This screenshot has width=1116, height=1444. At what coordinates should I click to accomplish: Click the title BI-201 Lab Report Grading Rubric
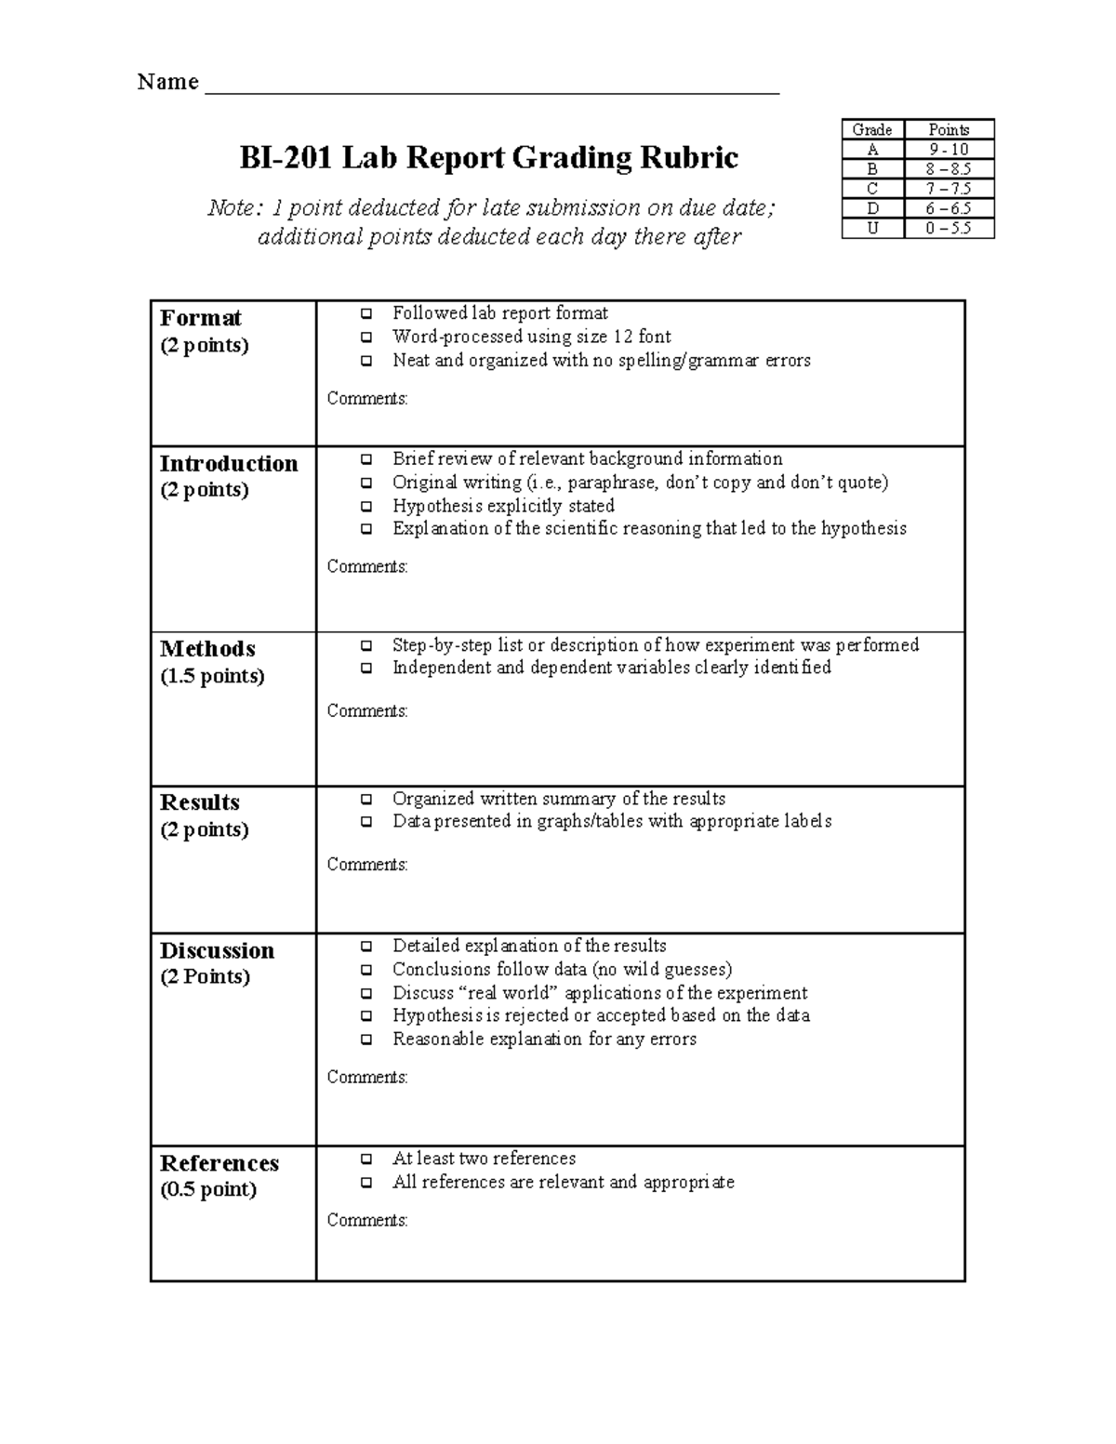(x=488, y=158)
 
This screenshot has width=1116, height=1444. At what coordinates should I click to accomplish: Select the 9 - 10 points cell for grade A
(x=949, y=150)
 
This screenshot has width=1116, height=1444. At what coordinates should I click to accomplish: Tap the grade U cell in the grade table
(x=872, y=229)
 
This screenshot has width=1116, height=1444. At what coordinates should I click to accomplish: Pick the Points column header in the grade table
(x=949, y=130)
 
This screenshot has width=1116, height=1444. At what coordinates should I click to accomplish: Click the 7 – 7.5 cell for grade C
(x=949, y=189)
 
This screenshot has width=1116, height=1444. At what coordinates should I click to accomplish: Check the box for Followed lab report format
(x=367, y=314)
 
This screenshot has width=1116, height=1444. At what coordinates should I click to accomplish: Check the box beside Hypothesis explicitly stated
(x=367, y=507)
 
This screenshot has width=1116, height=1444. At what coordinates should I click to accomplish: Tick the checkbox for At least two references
(x=367, y=1159)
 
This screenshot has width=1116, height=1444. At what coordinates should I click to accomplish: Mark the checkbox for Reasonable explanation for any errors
(x=367, y=1040)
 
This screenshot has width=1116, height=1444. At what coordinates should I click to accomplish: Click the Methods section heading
(x=207, y=649)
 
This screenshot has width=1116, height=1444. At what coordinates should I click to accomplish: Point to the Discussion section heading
(x=217, y=950)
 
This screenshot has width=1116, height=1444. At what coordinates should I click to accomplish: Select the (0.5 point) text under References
(x=208, y=1189)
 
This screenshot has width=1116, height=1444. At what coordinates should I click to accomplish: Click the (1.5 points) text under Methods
(x=212, y=676)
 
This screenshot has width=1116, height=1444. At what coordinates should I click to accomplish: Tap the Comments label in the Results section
(x=367, y=865)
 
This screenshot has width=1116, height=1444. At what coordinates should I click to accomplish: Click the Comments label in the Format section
(x=367, y=399)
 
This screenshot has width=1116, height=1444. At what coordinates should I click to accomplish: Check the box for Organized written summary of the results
(x=367, y=800)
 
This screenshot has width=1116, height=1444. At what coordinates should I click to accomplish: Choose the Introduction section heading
(x=229, y=463)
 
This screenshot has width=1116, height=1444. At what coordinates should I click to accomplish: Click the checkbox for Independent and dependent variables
(x=367, y=668)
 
